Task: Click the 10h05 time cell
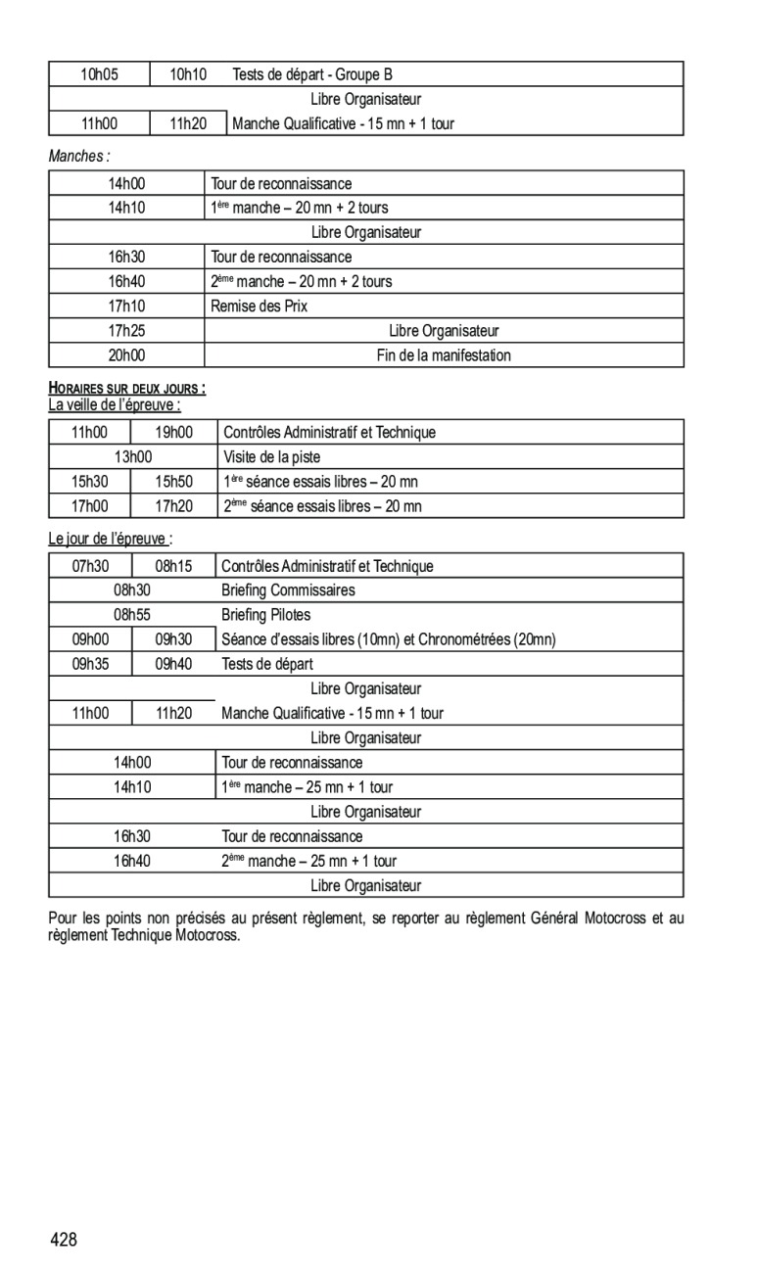coord(99,74)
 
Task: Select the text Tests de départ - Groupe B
coord(312,74)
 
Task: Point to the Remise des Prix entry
coord(260,306)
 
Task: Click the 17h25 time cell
coord(126,331)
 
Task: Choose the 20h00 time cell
coord(126,355)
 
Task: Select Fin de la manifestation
coord(444,355)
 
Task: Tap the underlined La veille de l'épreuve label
coord(115,404)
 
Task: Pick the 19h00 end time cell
coord(174,433)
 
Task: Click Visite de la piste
coord(271,457)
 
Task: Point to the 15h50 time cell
coord(174,482)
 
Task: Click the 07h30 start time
coord(90,567)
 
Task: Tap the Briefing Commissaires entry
coord(288,590)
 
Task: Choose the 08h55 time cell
coord(132,615)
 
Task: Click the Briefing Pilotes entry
coord(265,615)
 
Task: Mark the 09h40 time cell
coord(173,664)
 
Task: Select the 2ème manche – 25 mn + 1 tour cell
coord(309,861)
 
